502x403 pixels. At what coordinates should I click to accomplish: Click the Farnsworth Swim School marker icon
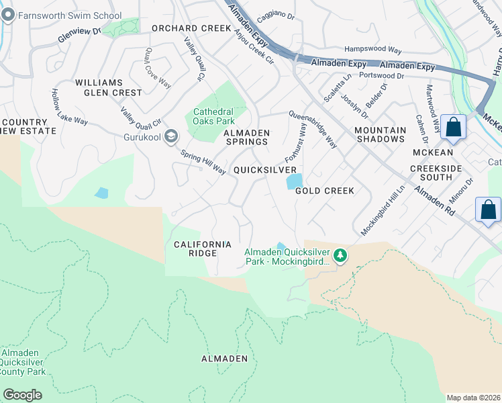8,15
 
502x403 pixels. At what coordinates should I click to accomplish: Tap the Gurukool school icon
171,137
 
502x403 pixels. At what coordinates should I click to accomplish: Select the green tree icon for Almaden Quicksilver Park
341,255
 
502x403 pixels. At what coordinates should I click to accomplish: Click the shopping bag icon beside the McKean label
454,127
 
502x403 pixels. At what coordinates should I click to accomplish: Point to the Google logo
22,395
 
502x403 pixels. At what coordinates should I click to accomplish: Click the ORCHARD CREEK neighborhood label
191,29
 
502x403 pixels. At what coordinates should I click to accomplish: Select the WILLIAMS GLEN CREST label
109,87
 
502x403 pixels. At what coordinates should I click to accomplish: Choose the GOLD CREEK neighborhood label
325,191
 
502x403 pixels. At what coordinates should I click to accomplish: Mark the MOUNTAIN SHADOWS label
380,134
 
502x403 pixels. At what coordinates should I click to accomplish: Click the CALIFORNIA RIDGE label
202,249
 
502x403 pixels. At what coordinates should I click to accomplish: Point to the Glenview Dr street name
79,35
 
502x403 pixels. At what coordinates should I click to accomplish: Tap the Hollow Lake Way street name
70,107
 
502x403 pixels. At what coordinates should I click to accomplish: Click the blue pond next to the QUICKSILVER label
294,181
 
